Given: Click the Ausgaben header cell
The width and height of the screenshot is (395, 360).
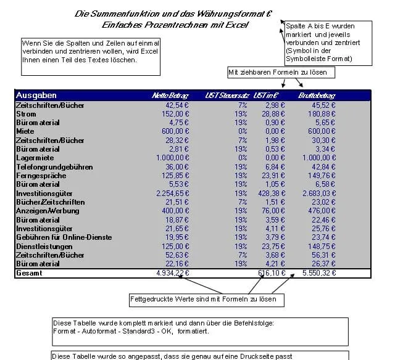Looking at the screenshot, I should click(x=36, y=96).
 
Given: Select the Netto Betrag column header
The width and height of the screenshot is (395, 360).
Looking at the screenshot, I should click(x=170, y=96).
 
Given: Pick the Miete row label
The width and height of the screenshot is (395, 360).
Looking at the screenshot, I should click(x=25, y=131).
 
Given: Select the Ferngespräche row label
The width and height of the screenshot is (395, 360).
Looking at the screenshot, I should click(x=39, y=175).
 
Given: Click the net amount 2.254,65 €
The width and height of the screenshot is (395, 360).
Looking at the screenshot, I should click(x=170, y=193).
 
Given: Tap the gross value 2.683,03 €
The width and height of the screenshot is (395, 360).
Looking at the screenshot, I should click(x=318, y=193).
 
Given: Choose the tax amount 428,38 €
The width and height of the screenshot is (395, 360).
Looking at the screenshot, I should click(x=265, y=193).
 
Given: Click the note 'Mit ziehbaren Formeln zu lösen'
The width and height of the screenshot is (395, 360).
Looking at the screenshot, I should click(x=281, y=73).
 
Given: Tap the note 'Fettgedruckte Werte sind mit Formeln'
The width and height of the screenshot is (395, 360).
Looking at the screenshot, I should click(x=206, y=300).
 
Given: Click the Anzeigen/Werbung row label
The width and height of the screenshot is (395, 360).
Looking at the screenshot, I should click(x=48, y=211).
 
